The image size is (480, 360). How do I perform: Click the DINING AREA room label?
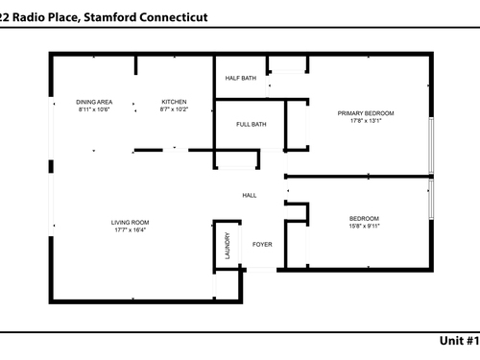point(94,102)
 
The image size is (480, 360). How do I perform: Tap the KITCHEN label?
point(174,102)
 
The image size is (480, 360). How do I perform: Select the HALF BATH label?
point(241,78)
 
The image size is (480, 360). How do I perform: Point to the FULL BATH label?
point(252,124)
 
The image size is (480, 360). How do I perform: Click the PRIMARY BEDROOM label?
point(366,113)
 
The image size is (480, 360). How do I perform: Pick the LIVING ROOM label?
point(130,223)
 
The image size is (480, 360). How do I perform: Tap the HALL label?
point(250,195)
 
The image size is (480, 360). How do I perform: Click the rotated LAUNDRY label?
point(228,246)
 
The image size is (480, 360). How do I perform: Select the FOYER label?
point(262,245)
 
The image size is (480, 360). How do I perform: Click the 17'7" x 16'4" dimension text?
point(131,229)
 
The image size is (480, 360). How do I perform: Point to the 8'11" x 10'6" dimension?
point(94,109)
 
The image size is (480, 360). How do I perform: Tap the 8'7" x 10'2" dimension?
point(174,109)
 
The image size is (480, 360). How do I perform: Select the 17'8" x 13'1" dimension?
point(366,121)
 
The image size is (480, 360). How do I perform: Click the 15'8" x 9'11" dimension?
point(364,226)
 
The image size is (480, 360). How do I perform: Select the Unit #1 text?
point(460,341)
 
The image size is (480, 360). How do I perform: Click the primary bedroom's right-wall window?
point(431,146)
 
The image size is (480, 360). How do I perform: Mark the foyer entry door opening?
point(261,270)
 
